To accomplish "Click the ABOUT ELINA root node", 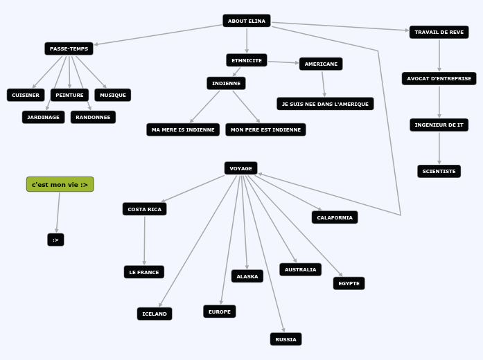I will [247, 21].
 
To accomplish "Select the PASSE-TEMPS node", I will [69, 48].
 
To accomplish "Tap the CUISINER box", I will [26, 95].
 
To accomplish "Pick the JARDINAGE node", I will [43, 117].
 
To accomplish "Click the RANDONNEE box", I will [93, 117].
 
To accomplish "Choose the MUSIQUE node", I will [113, 95].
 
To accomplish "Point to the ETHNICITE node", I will [247, 60].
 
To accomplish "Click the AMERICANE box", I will [321, 64].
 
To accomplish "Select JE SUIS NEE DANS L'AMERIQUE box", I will [325, 104].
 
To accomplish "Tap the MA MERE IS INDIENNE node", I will [183, 129].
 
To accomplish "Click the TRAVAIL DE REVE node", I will [439, 32].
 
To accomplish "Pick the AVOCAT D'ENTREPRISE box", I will [439, 78].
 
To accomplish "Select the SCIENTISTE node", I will [439, 171].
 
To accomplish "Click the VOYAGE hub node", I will [240, 168].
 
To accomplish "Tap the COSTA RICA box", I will [144, 209].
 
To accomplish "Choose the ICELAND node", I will [155, 314].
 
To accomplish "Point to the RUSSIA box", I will [286, 339].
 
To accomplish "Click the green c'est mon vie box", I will [60, 184].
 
